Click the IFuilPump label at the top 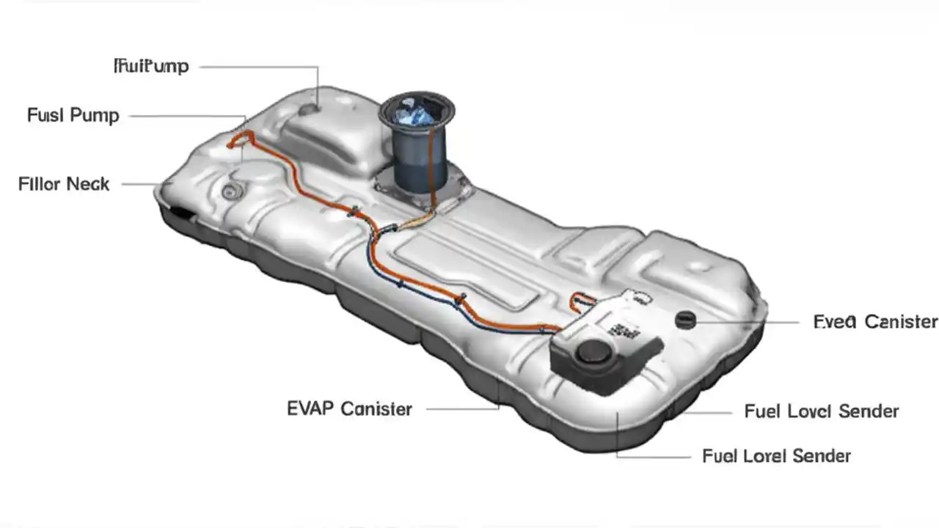click(x=152, y=67)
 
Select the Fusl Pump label click(x=73, y=116)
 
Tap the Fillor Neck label click(x=64, y=184)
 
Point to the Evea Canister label click(x=875, y=322)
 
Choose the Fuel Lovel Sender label click(x=821, y=411)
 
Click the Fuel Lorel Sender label click(x=776, y=456)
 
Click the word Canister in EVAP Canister click(x=376, y=409)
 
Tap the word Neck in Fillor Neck click(x=87, y=184)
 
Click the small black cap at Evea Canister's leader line click(x=685, y=319)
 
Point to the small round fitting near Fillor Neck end click(x=230, y=192)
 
